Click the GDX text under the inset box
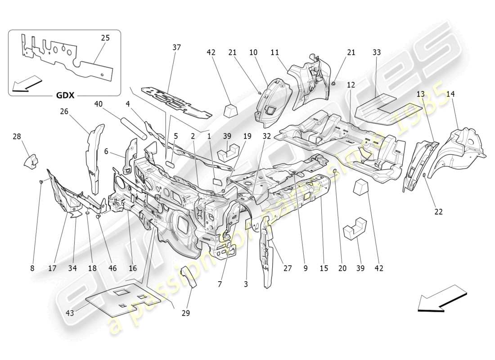pos(65,96)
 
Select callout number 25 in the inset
pos(105,38)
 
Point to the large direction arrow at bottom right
pos(443,298)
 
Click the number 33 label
pos(376,53)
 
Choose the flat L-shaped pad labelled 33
pos(382,107)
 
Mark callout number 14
pos(450,94)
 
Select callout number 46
pos(112,268)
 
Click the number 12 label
pos(351,85)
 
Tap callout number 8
pos(32,268)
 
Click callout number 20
pos(342,268)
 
